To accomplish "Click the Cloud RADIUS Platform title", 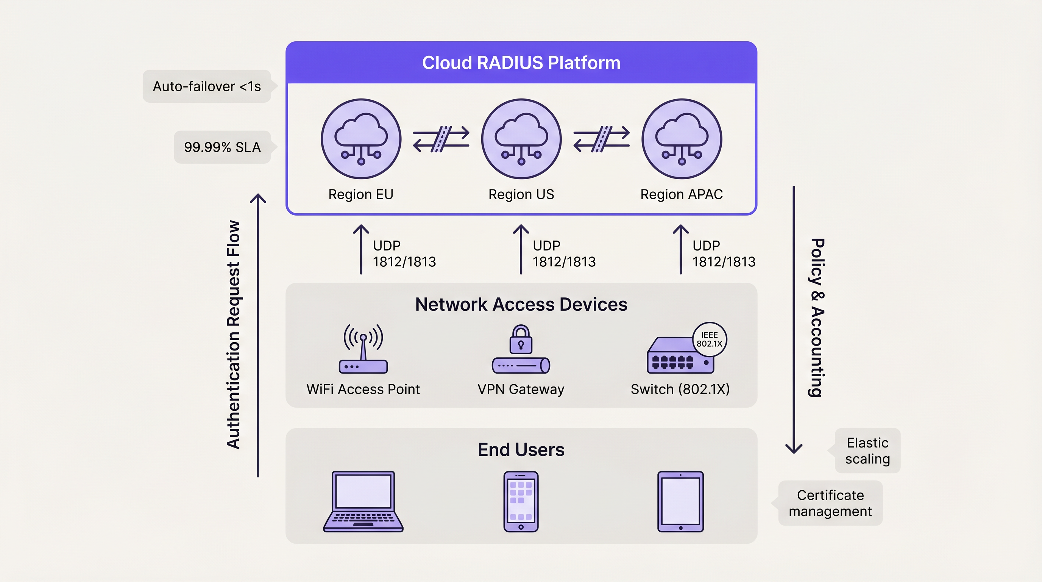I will tap(521, 63).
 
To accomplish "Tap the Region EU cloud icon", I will tap(361, 139).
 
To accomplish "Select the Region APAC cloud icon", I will tap(682, 139).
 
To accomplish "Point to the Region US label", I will tap(521, 194).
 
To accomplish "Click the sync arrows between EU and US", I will tap(441, 139).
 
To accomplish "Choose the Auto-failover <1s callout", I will tap(207, 86).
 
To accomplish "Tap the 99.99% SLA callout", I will tap(222, 147).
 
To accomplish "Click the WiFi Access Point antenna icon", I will tap(363, 348).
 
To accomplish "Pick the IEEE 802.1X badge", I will tap(709, 339).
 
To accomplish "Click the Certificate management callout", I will tap(830, 503).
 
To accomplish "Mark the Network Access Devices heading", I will tap(521, 304).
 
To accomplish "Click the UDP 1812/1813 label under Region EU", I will tap(404, 254).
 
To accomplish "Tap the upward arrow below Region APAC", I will tap(681, 249).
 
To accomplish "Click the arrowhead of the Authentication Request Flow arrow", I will tap(258, 198).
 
